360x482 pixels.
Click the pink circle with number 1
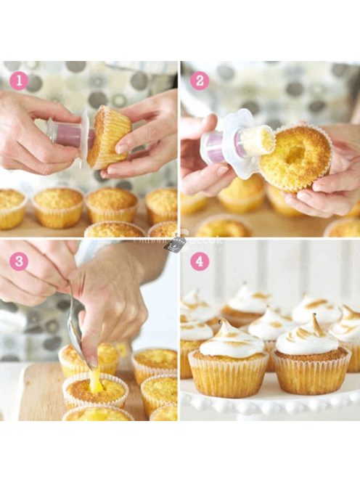point(17,80)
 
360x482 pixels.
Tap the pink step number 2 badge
point(200,81)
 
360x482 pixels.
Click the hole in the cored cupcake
point(296,154)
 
